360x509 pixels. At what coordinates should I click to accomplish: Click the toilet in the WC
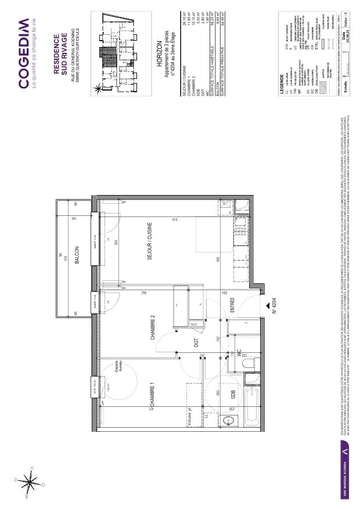(249, 364)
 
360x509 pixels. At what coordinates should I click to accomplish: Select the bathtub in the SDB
(251, 406)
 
